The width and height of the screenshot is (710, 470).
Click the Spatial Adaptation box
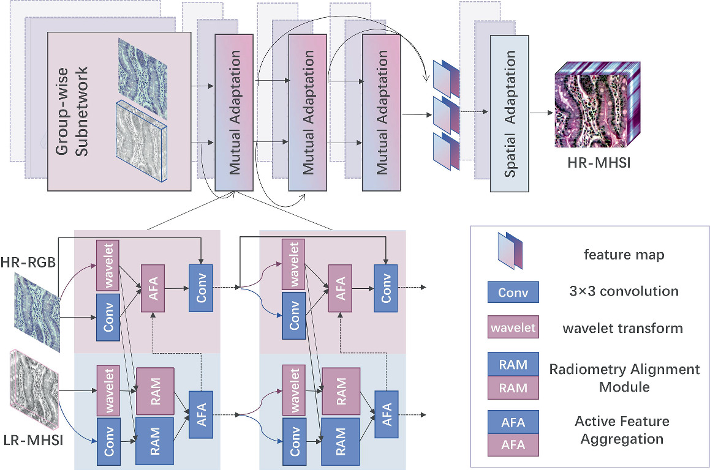(510, 113)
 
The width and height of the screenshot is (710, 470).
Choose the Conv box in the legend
(513, 292)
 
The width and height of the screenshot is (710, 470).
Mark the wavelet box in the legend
(513, 328)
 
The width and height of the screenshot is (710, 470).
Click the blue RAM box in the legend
(513, 365)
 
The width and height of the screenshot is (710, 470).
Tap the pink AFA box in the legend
(513, 444)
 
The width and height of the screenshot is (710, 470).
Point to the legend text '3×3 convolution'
(623, 291)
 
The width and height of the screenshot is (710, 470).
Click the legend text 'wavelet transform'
(623, 328)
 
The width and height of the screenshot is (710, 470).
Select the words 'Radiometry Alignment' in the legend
(624, 369)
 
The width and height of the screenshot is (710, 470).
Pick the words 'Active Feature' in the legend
(622, 421)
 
